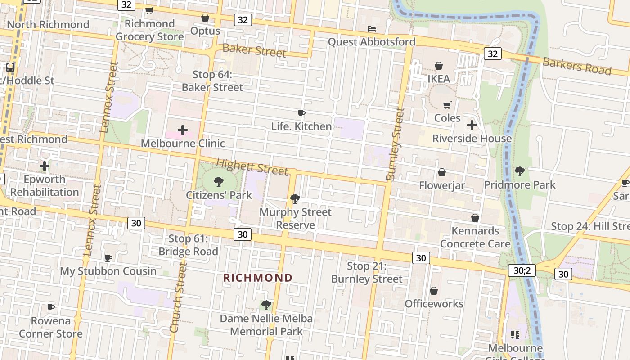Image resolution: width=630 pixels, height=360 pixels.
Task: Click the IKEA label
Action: pyautogui.click(x=438, y=79)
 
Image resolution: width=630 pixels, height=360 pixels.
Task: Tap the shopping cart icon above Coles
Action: pyautogui.click(x=447, y=105)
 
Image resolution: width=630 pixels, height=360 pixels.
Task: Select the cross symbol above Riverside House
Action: pyautogui.click(x=472, y=125)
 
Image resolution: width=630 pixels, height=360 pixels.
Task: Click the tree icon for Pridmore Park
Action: pyautogui.click(x=520, y=171)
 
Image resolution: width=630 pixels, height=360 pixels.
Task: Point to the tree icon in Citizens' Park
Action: pyautogui.click(x=219, y=182)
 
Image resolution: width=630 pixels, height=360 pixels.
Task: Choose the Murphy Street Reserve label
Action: pyautogui.click(x=296, y=218)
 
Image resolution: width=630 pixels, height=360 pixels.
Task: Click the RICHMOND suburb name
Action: pyautogui.click(x=258, y=278)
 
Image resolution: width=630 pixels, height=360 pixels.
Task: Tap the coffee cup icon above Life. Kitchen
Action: pyautogui.click(x=301, y=113)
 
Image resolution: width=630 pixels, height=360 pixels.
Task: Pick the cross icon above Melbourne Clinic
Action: pyautogui.click(x=183, y=130)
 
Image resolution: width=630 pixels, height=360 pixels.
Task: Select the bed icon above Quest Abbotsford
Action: pyautogui.click(x=372, y=29)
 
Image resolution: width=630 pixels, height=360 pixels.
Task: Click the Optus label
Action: pyautogui.click(x=205, y=31)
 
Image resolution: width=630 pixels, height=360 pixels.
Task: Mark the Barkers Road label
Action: pyautogui.click(x=577, y=66)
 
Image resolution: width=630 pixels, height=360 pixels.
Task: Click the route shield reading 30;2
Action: pyautogui.click(x=522, y=270)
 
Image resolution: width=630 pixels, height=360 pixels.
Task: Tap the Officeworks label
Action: pyautogui.click(x=434, y=304)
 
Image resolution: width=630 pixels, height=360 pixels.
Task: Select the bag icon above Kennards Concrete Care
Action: pyautogui.click(x=475, y=218)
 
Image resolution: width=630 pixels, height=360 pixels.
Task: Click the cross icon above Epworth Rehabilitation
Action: pyautogui.click(x=45, y=166)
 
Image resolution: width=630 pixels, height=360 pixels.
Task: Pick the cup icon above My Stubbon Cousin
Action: pyautogui.click(x=108, y=258)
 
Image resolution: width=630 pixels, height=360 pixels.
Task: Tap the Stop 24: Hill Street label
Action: pyautogui.click(x=590, y=226)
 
